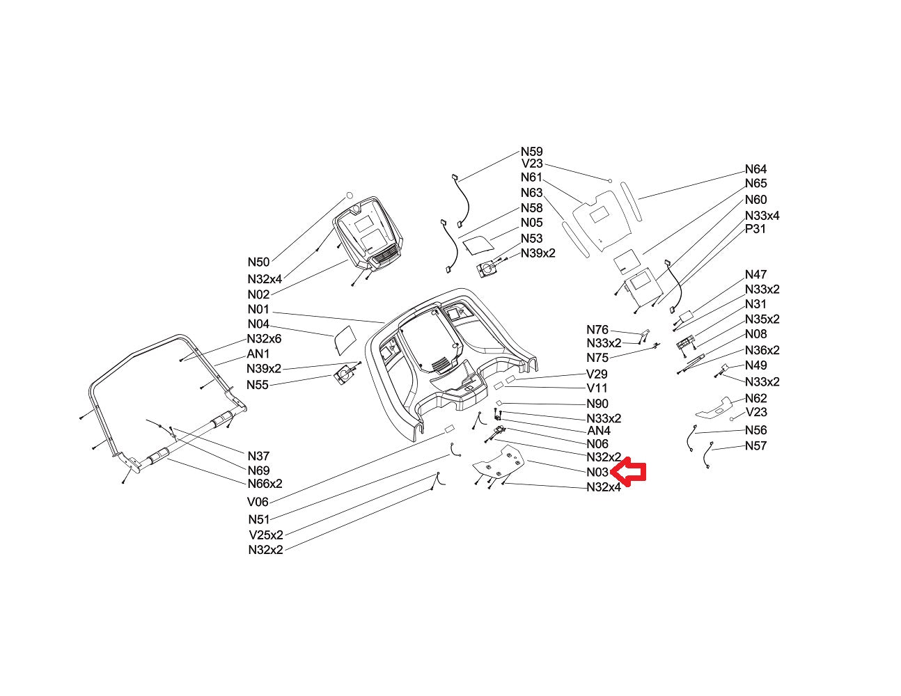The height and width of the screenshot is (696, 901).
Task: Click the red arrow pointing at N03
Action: point(629,471)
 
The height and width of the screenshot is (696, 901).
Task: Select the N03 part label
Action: point(597,472)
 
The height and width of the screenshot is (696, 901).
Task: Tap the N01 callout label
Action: point(258,309)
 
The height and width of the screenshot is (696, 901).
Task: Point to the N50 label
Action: point(259,262)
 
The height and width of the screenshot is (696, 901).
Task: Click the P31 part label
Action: point(755,229)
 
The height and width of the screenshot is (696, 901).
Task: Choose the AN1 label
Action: point(258,354)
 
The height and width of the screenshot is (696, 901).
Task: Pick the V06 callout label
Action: point(258,502)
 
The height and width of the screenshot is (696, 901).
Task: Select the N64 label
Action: point(756,169)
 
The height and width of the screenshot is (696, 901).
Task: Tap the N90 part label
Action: point(597,404)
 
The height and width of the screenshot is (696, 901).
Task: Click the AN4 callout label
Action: point(599,431)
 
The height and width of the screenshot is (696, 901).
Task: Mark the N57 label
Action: point(756,445)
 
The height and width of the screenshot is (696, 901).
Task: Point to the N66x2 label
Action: point(265,484)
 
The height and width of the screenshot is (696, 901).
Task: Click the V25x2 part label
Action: point(266,535)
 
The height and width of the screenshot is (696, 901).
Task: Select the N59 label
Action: point(532,152)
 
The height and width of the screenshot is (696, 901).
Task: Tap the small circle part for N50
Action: point(349,196)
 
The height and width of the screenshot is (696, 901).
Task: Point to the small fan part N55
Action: point(345,375)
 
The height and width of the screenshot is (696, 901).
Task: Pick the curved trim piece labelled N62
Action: point(714,408)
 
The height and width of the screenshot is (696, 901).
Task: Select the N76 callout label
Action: point(597,330)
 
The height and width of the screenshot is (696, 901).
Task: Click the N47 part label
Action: point(756,274)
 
